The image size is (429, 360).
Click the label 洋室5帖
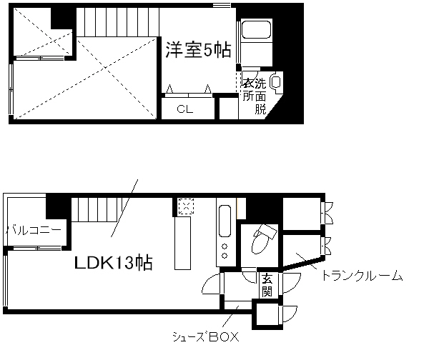[198, 51]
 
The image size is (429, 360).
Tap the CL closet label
[185, 110]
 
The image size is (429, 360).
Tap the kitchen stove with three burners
[224, 250]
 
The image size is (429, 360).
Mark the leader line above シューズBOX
[231, 316]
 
